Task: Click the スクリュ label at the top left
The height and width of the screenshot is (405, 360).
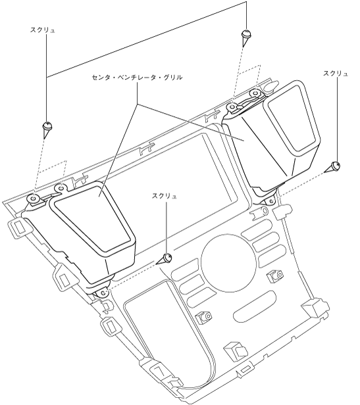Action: (43, 30)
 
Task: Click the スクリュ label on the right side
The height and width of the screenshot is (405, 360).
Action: (336, 74)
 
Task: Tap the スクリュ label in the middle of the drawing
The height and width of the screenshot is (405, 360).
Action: (165, 197)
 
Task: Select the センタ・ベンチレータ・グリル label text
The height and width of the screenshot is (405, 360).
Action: (137, 77)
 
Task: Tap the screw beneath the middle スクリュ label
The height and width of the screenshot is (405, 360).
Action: (165, 258)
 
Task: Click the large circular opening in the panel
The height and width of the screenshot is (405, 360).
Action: (228, 263)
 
